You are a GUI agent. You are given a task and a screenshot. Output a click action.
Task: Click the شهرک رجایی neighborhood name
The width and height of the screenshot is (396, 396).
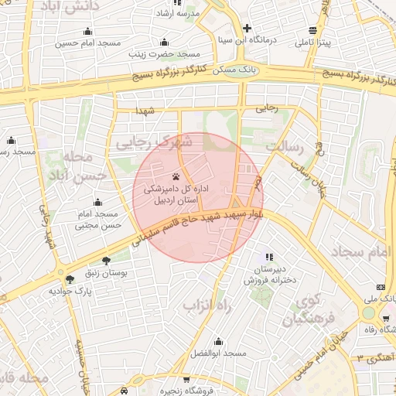click(x=154, y=142)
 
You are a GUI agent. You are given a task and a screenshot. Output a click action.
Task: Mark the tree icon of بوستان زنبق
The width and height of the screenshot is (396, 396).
click(x=105, y=261)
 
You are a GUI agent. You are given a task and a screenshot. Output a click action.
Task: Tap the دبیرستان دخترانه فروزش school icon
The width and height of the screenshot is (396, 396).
click(x=268, y=257)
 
